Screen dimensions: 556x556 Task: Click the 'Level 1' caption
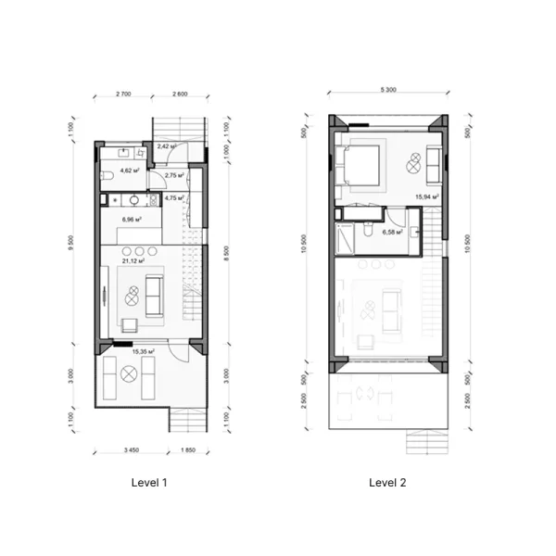(151, 483)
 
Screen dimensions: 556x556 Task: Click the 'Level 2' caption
(387, 483)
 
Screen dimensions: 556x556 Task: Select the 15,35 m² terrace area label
(143, 352)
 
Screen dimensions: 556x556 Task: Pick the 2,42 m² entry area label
(168, 146)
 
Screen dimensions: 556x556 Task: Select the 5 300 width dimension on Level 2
(388, 90)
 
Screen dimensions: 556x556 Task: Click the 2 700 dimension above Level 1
(127, 95)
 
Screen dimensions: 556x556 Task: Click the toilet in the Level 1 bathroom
(107, 174)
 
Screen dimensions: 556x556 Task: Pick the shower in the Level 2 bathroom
(345, 240)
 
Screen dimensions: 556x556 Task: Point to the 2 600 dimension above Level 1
(178, 95)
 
